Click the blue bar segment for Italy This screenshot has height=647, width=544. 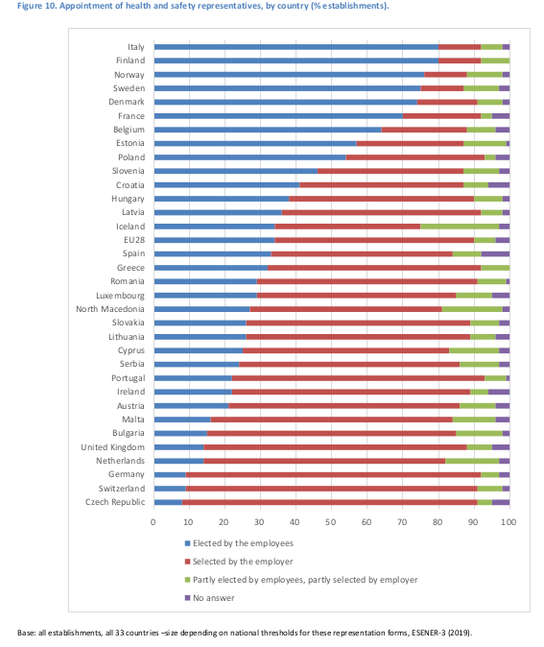[x=296, y=47]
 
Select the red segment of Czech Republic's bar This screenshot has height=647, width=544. [x=329, y=502]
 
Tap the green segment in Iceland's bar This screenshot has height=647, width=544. [x=460, y=227]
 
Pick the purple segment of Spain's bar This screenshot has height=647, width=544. [x=495, y=253]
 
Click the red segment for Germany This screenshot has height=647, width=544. [x=333, y=474]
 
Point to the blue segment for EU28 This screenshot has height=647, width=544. [x=215, y=240]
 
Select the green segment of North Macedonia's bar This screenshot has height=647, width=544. [x=472, y=309]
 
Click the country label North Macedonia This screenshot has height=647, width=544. [x=110, y=309]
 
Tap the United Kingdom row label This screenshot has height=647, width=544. [x=112, y=447]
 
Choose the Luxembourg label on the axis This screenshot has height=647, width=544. [x=121, y=296]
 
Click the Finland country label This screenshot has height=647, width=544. [x=130, y=60]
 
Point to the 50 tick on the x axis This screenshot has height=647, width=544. [x=331, y=522]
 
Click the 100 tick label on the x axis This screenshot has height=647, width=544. [x=509, y=522]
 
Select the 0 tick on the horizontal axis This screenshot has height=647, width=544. [x=153, y=522]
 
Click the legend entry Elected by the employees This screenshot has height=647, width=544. [x=239, y=543]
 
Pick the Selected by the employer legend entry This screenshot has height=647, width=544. [x=239, y=562]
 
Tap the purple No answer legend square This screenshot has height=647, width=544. [x=188, y=598]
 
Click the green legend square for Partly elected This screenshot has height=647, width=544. [x=188, y=580]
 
